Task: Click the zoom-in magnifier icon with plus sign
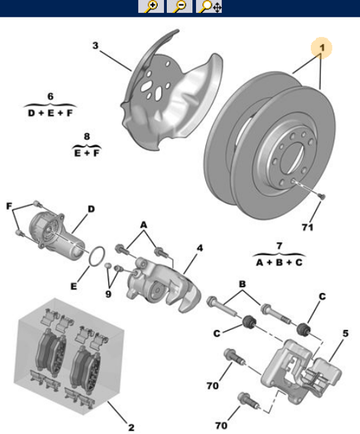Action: pyautogui.click(x=152, y=7)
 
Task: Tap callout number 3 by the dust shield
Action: pyautogui.click(x=95, y=46)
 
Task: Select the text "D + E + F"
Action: pyautogui.click(x=51, y=114)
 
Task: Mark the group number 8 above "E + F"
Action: pyautogui.click(x=87, y=136)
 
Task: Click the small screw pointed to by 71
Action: pyautogui.click(x=320, y=196)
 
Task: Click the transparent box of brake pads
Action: pyautogui.click(x=69, y=354)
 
